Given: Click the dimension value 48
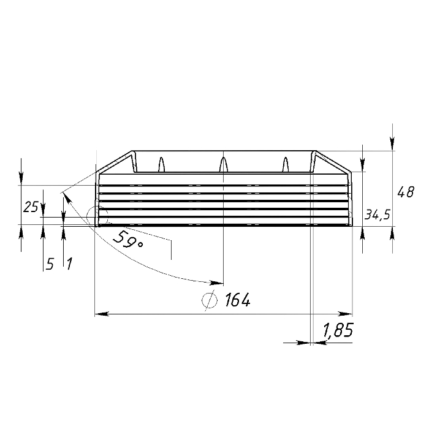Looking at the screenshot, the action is tap(406, 192).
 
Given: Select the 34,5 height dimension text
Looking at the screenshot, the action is tap(378, 215).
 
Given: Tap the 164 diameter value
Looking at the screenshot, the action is tap(238, 300).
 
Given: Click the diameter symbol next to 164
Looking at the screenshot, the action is tap(210, 300).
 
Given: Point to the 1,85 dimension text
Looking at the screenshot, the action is tap(338, 330).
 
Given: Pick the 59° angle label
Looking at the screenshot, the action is tap(127, 239).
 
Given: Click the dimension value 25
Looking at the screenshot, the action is tap(31, 207).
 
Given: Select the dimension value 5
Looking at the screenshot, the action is tap(50, 264).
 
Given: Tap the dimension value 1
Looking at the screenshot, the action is tap(69, 264).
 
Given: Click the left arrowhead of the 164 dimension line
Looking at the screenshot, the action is tap(102, 314).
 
